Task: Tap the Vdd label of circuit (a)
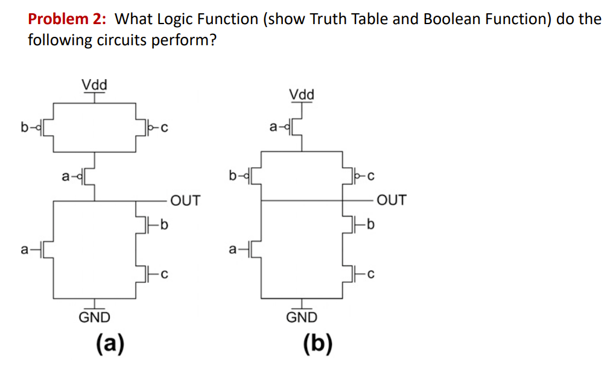(x=94, y=84)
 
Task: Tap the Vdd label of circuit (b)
(x=302, y=95)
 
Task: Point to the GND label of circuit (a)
(x=95, y=317)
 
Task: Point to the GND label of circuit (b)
(x=302, y=317)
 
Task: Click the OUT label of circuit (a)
(x=185, y=200)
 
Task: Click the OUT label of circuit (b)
(x=392, y=200)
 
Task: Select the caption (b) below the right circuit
(x=317, y=344)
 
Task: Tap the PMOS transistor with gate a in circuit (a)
(x=90, y=176)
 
